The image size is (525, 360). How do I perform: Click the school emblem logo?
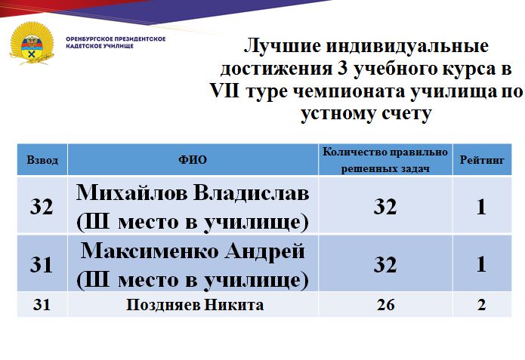pyautogui.click(x=32, y=43)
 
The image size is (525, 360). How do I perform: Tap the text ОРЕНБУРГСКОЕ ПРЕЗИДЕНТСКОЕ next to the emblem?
pyautogui.click(x=116, y=39)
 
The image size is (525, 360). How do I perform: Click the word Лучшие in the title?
pyautogui.click(x=283, y=45)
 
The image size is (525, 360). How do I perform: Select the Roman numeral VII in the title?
pyautogui.click(x=225, y=91)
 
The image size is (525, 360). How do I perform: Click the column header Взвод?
pyautogui.click(x=42, y=160)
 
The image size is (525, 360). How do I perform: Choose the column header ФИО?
pyautogui.click(x=193, y=159)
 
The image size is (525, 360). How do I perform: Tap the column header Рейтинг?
pyautogui.click(x=482, y=160)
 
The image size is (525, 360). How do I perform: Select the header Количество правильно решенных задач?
pyautogui.click(x=385, y=160)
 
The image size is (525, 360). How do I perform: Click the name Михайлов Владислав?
pyautogui.click(x=193, y=193)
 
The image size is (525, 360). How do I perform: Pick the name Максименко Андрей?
pyautogui.click(x=193, y=251)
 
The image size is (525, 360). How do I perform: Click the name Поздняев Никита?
pyautogui.click(x=195, y=305)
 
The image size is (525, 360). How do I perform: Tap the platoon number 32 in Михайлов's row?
pyautogui.click(x=42, y=207)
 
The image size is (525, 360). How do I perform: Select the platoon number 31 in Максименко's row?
pyautogui.click(x=42, y=264)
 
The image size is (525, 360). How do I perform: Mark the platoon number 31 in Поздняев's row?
pyautogui.click(x=42, y=304)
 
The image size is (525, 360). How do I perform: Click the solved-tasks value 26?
pyautogui.click(x=385, y=305)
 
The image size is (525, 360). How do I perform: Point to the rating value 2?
pyautogui.click(x=481, y=305)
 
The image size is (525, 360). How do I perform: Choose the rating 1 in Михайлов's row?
pyautogui.click(x=481, y=207)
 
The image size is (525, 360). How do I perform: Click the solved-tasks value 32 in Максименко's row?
pyautogui.click(x=385, y=264)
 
